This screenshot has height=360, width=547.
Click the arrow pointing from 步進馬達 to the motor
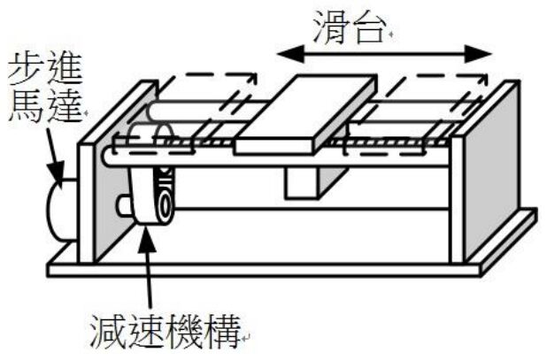pos(51,154)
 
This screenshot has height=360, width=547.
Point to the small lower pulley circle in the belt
pos(162,208)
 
